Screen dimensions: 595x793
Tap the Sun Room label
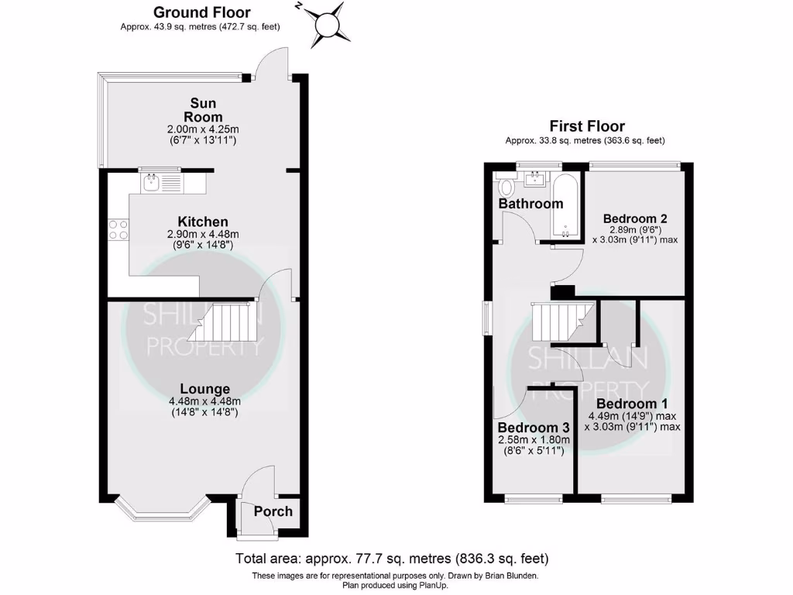[x=204, y=110]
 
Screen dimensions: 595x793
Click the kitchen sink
[x=151, y=183]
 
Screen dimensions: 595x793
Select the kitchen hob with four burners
[x=118, y=230]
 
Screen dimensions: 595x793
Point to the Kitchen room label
[x=203, y=222]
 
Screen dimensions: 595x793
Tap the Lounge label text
[x=205, y=389]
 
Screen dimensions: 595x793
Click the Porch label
[x=273, y=511]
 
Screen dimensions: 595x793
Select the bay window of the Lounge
[x=161, y=512]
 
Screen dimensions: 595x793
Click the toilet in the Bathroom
[x=508, y=186]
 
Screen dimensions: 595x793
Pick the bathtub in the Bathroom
[x=565, y=206]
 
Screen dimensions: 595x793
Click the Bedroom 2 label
[x=635, y=218]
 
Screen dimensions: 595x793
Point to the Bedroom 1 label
[x=631, y=404]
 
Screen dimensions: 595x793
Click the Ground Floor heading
[x=201, y=12]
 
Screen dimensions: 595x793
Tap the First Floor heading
[x=586, y=126]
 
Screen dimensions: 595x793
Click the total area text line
[x=392, y=558]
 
